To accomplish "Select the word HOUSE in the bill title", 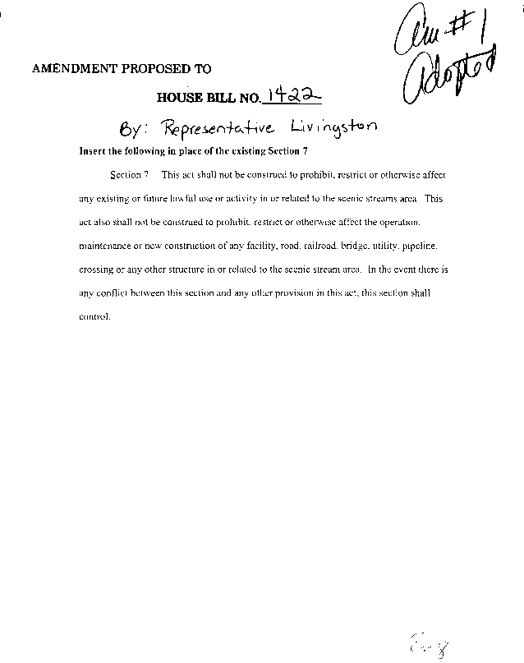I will pos(178,99).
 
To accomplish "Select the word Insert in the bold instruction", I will pos(91,152).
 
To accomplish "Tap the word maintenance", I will pos(104,246).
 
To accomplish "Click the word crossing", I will pos(96,269).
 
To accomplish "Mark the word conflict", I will pos(113,292).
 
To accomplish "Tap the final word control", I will pos(94,315).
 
